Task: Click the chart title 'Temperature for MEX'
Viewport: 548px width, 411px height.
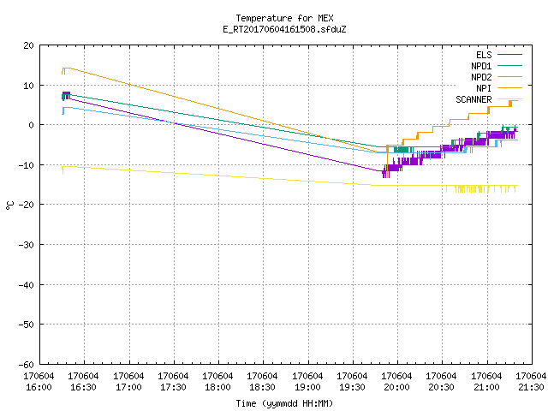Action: pyautogui.click(x=284, y=18)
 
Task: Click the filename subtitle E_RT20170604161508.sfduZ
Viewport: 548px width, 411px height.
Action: pyautogui.click(x=284, y=29)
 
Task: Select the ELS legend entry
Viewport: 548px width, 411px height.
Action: pyautogui.click(x=498, y=55)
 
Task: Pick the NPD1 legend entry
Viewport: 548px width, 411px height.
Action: pyautogui.click(x=497, y=66)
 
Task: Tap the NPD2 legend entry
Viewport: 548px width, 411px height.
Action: pyautogui.click(x=497, y=77)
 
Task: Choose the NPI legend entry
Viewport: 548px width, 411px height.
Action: pyautogui.click(x=498, y=88)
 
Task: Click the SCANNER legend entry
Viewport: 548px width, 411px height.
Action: pyautogui.click(x=489, y=99)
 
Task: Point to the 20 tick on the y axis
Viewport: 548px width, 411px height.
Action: pyautogui.click(x=28, y=45)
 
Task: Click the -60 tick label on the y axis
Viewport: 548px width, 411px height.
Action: pyautogui.click(x=27, y=365)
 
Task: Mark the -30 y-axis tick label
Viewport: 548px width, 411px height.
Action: pyautogui.click(x=27, y=245)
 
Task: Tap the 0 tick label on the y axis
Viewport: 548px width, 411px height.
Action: pyautogui.click(x=32, y=125)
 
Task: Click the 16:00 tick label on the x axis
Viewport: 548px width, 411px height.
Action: pyautogui.click(x=39, y=382)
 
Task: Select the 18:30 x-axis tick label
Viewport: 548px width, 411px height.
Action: pyautogui.click(x=262, y=382)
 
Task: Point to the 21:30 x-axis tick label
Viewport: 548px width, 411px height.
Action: pyautogui.click(x=531, y=382)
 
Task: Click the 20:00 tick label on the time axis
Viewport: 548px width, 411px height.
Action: pyautogui.click(x=396, y=382)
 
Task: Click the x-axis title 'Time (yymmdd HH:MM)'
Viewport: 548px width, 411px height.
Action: pyautogui.click(x=284, y=403)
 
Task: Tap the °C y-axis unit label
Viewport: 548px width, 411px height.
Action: pyautogui.click(x=9, y=205)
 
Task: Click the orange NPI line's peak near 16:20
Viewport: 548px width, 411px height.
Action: pyautogui.click(x=67, y=68)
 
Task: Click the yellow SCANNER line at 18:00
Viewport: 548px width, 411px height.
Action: pyautogui.click(x=219, y=176)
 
